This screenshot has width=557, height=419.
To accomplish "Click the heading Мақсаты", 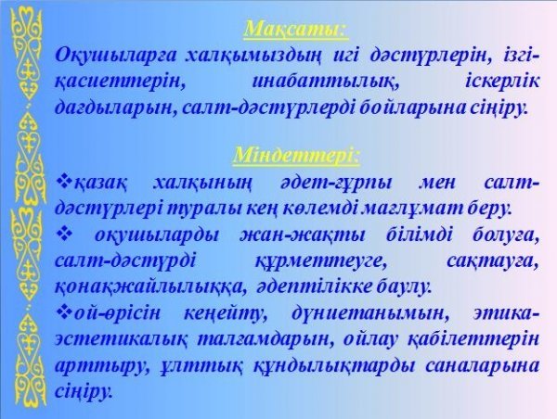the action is tap(296, 29).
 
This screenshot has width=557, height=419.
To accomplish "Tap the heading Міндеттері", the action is tap(296, 156).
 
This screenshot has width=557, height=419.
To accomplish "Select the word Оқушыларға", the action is tap(116, 57).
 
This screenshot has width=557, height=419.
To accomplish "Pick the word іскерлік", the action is tap(502, 82).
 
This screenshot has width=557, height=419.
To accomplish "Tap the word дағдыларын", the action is tap(116, 108).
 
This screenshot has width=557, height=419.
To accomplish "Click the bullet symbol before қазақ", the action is tap(64, 182).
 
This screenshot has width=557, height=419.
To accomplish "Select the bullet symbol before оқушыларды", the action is tap(64, 235).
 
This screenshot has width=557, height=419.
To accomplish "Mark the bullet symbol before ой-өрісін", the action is tap(64, 312).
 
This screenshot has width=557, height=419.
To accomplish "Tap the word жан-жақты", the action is tap(303, 235).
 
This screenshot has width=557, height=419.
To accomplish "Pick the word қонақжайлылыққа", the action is tap(149, 287).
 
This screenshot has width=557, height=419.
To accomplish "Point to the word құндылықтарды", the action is tap(333, 366).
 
